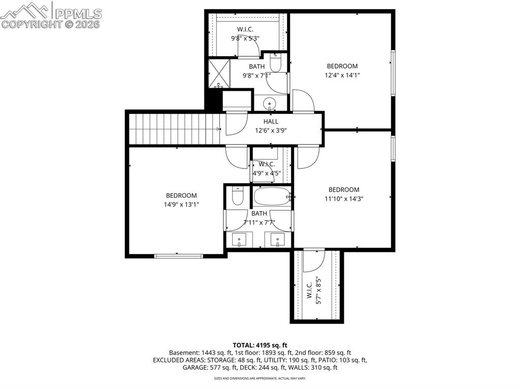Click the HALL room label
(x=270, y=121)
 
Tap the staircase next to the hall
(x=174, y=129)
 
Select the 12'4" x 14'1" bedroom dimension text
(x=342, y=75)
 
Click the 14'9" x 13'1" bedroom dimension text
(x=181, y=204)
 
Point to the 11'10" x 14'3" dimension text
(x=343, y=199)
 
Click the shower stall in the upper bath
(x=219, y=73)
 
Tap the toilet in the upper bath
(x=275, y=64)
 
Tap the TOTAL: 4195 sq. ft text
(x=259, y=344)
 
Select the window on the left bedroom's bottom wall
(x=175, y=256)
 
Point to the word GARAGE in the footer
(x=194, y=368)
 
